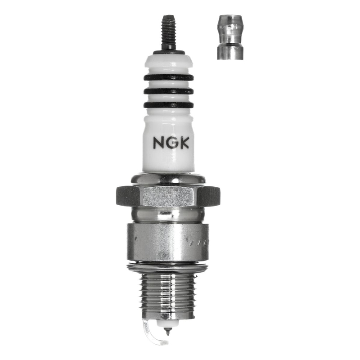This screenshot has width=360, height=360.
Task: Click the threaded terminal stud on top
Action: (x=168, y=31)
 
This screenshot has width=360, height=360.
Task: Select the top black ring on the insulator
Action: (x=168, y=77)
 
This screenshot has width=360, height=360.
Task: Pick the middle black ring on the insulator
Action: (x=168, y=91)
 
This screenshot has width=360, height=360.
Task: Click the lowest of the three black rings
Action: (x=168, y=105)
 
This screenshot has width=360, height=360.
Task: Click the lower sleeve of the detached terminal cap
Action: (x=229, y=51)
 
